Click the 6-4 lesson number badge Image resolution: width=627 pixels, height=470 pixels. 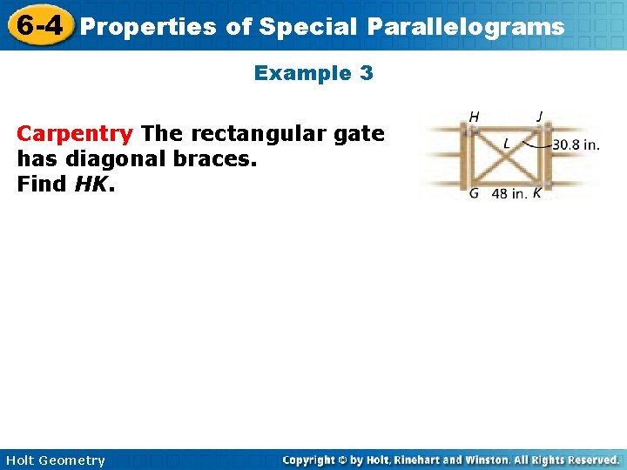click(38, 25)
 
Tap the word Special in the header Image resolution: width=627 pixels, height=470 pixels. click(309, 27)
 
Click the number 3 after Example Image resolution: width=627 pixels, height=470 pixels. click(366, 74)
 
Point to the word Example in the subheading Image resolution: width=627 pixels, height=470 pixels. click(301, 74)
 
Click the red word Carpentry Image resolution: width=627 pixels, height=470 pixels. click(75, 134)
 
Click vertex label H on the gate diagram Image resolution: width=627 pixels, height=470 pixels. click(474, 116)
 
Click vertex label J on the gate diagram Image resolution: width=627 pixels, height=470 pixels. click(540, 116)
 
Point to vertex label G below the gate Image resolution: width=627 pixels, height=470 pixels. click(474, 193)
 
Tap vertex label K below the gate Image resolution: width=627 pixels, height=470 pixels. click(536, 193)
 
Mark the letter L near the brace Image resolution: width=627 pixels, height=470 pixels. click(507, 143)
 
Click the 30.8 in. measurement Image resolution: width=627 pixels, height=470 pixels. click(576, 145)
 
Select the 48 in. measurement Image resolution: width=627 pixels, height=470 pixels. click(509, 193)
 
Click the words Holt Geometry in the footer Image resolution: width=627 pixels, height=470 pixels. click(53, 460)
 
